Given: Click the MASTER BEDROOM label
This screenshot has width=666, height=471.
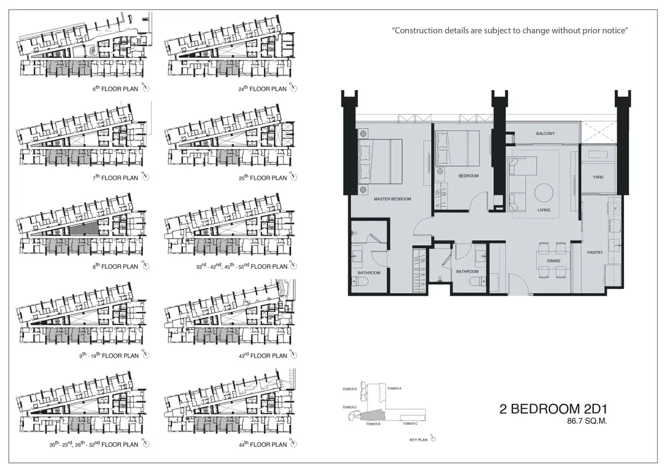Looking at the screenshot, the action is tap(392, 199).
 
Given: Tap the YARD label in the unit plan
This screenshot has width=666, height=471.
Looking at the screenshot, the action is tap(598, 177).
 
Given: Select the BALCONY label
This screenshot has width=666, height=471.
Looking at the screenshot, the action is tap(545, 133).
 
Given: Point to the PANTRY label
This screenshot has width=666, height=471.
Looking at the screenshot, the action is tap(594, 252).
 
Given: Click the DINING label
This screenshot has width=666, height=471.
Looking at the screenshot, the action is tap(553, 261).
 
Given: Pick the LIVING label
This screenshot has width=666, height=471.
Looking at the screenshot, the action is tap(544, 210).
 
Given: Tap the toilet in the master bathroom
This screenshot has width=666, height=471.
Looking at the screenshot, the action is tap(356, 281).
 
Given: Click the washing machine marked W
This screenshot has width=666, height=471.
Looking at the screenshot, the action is tap(614, 208).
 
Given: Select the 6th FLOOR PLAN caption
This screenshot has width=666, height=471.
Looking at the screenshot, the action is tap(115, 89).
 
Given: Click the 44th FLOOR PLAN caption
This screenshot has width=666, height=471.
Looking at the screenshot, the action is tap(263, 444).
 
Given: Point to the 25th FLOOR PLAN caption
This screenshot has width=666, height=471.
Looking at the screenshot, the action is tap(263, 178).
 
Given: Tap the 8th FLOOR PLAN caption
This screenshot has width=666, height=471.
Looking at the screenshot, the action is tap(115, 267).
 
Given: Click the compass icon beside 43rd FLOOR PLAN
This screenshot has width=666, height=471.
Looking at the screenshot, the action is tap(294, 355).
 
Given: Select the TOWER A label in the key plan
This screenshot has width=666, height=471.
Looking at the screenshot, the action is tap(394, 388).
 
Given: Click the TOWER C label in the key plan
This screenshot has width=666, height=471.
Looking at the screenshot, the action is tap(410, 424).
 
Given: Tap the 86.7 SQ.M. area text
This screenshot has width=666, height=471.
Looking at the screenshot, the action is tap(586, 421).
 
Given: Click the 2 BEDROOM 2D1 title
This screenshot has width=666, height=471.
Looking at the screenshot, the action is tap(553, 409).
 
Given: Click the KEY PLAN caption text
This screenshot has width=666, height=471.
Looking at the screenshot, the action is tap(418, 440).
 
